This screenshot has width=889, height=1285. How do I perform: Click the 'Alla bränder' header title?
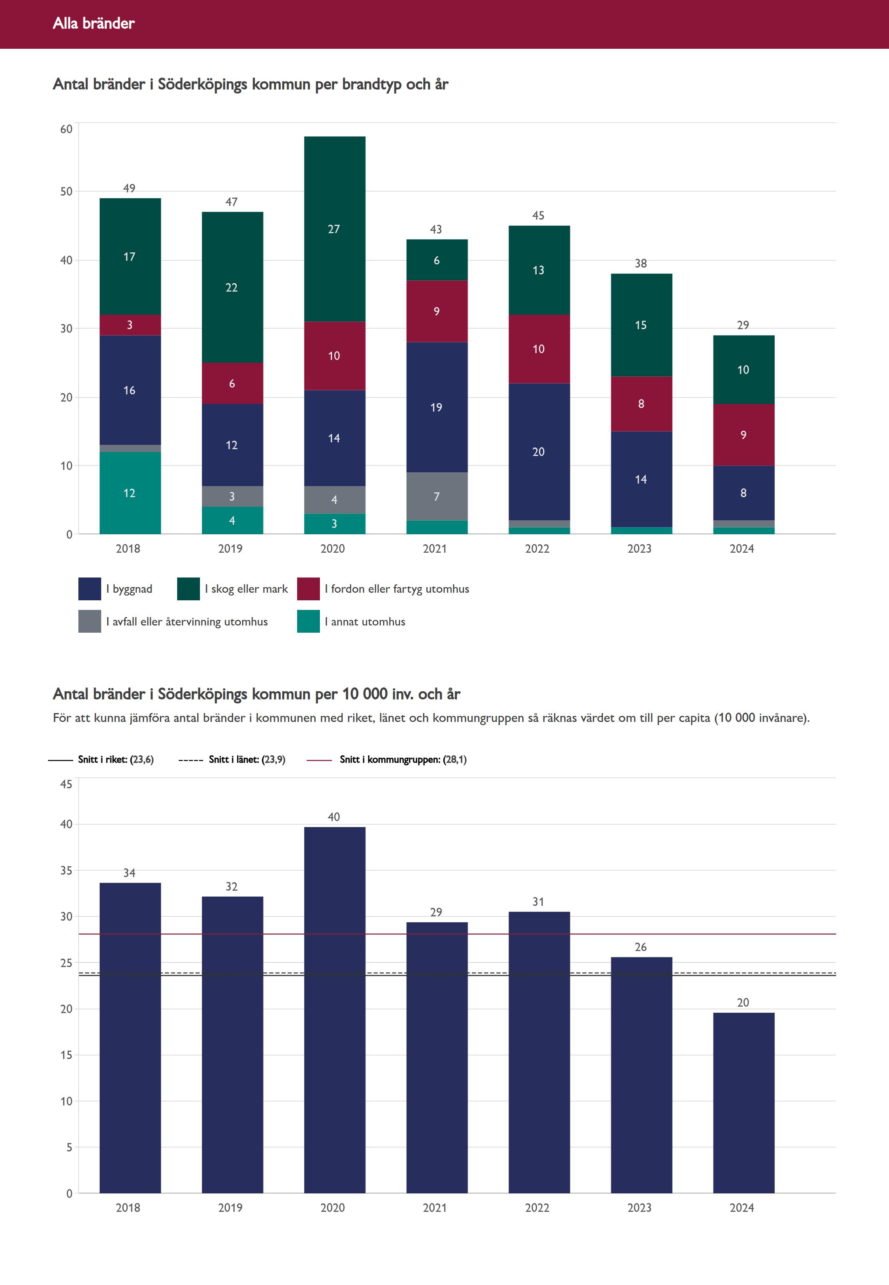click(x=94, y=23)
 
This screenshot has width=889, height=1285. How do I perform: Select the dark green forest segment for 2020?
click(x=334, y=228)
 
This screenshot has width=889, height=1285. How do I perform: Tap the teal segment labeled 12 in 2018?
click(x=130, y=493)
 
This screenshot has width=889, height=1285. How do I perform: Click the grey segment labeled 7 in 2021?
click(x=437, y=496)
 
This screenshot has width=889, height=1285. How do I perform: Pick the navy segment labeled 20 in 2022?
click(x=539, y=452)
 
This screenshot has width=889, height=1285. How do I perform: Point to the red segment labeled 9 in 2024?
click(x=743, y=434)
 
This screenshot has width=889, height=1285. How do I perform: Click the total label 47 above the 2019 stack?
click(x=232, y=202)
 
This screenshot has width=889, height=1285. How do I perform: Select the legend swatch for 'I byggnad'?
click(x=90, y=589)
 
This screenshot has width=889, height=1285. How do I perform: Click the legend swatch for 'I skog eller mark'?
click(x=188, y=589)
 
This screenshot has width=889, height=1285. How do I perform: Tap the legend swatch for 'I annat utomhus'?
click(x=308, y=622)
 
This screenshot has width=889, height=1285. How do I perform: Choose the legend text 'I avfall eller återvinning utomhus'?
click(x=187, y=622)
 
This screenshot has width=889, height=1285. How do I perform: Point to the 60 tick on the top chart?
click(x=66, y=129)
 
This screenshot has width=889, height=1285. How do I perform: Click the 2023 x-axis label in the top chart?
click(x=639, y=549)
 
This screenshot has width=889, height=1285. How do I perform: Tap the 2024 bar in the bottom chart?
click(x=743, y=1103)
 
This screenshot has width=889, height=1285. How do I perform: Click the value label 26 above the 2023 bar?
click(x=641, y=947)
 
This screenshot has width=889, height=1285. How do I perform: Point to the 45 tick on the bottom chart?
click(x=66, y=784)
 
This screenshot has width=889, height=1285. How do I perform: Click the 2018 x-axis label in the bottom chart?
click(x=128, y=1207)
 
